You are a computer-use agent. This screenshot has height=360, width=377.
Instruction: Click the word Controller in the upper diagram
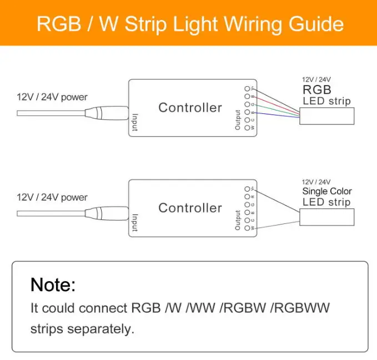coord(190,107)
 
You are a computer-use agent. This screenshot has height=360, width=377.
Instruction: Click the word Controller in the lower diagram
coord(190,208)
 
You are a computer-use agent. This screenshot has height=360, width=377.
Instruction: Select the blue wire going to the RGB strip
coord(278,115)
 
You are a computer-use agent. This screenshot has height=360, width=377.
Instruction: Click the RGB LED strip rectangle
coord(326,116)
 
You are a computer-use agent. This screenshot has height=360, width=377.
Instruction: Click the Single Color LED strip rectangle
coord(326,216)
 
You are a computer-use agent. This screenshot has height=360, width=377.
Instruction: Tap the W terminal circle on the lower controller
coord(247,228)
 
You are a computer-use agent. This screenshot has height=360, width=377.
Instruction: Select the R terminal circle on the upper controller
coord(247,96)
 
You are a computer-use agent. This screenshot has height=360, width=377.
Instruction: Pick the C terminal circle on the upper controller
coord(247,120)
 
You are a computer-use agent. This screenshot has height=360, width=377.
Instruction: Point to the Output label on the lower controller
coord(238,220)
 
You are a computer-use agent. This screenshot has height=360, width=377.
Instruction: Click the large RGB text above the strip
coord(317,90)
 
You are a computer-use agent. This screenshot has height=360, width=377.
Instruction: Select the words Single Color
coord(326,191)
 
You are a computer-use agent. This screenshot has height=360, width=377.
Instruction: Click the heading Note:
coord(53,284)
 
